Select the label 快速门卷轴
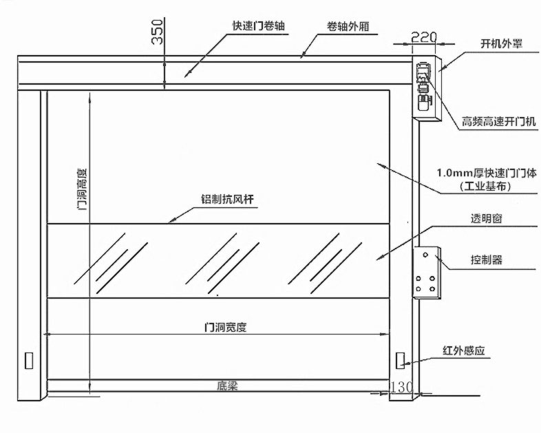point(259,25)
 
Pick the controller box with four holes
point(426,273)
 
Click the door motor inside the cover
point(423,87)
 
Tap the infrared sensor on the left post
point(29,360)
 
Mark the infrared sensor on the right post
point(400,360)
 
